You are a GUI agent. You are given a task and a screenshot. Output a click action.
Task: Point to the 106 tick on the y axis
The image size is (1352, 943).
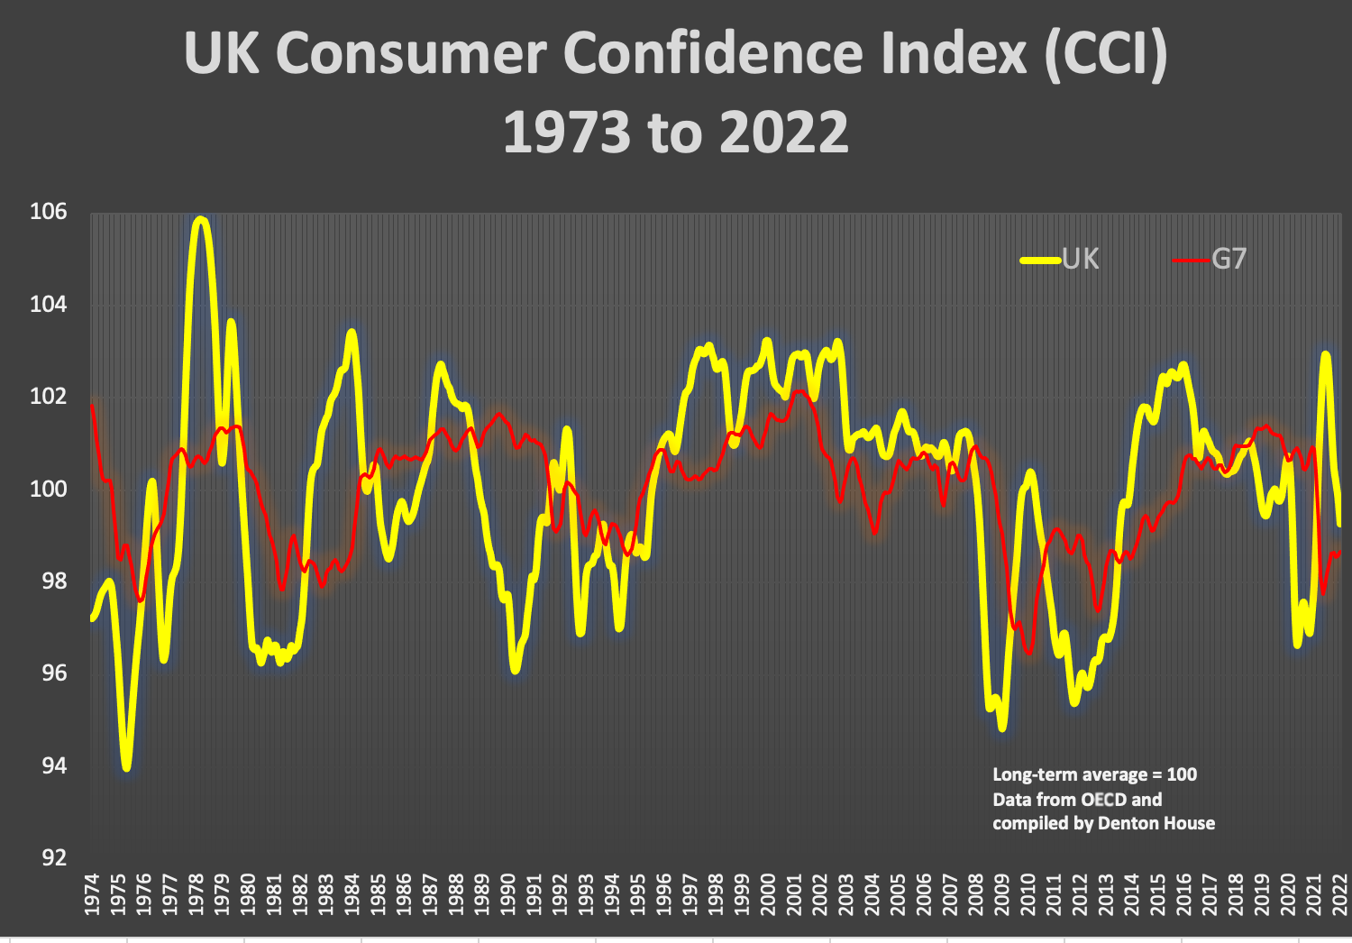(x=49, y=212)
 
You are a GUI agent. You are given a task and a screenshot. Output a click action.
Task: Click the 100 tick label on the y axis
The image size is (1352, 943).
(x=49, y=489)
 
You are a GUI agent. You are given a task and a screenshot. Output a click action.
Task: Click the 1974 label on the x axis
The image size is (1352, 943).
(x=92, y=894)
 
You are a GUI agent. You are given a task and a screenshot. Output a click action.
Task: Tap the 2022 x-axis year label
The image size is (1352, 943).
(x=1339, y=894)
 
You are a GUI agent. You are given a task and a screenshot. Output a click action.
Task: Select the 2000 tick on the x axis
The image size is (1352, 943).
(x=768, y=894)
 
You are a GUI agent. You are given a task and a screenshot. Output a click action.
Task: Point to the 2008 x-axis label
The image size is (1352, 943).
(x=975, y=894)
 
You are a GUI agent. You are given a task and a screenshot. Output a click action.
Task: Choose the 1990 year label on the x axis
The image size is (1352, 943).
(x=507, y=894)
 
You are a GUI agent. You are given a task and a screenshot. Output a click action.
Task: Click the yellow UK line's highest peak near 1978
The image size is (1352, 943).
(x=200, y=219)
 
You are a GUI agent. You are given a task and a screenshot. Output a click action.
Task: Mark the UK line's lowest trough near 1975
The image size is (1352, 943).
(x=126, y=767)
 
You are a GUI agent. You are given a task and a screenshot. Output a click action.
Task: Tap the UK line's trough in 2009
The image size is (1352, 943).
(x=1001, y=727)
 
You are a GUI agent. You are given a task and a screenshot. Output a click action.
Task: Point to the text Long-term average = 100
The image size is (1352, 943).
(x=1094, y=775)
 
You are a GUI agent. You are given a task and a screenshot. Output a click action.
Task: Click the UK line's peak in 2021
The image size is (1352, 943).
(x=1325, y=354)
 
